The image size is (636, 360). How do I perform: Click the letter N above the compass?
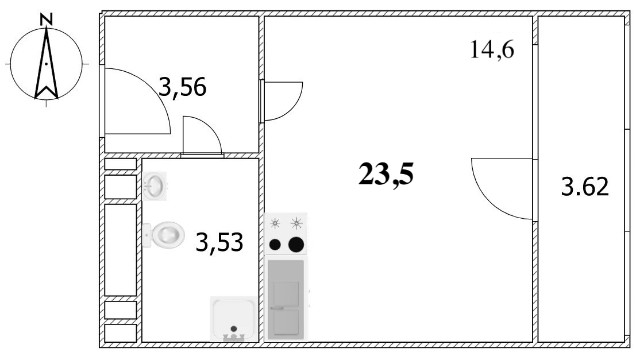[47, 18]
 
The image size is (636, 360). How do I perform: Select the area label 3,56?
[183, 87]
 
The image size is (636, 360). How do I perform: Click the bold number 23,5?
[386, 174]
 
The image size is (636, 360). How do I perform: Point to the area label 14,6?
[492, 50]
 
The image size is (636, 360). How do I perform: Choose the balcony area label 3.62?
[585, 187]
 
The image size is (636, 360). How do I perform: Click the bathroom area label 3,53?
[219, 242]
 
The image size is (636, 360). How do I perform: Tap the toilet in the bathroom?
[164, 235]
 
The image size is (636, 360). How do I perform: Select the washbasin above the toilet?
[154, 186]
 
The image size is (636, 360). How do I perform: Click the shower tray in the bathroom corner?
[234, 319]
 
